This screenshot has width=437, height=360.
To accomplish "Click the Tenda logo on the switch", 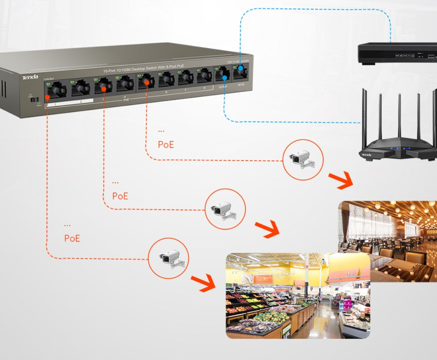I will [x=30, y=77].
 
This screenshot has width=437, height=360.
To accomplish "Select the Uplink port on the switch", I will [x=222, y=75].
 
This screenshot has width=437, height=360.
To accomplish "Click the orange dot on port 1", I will [x=48, y=97].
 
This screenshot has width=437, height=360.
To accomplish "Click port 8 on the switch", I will [x=204, y=76].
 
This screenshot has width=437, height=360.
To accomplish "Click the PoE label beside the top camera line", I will [x=166, y=145].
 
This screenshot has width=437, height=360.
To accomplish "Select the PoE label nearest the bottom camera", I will [x=72, y=238].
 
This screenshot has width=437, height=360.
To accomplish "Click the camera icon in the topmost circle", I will [x=303, y=159].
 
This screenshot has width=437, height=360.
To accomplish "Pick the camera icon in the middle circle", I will [x=225, y=210].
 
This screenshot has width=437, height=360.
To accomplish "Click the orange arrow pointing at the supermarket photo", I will [x=203, y=283].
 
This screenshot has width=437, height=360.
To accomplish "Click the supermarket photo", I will [x=298, y=296].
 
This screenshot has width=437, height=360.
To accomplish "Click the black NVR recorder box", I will [x=397, y=53].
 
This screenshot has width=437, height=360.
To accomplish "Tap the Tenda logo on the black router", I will [x=367, y=154].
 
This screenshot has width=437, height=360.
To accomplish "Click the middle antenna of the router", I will [x=399, y=116].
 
